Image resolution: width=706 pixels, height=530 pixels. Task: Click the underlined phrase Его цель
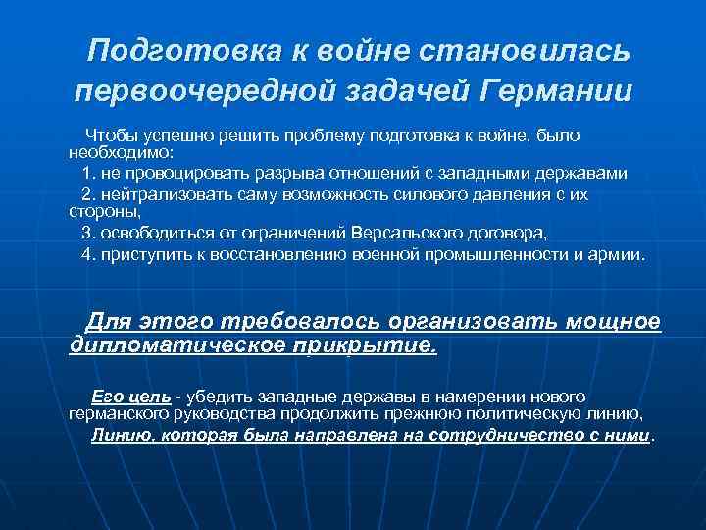[x=130, y=397]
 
